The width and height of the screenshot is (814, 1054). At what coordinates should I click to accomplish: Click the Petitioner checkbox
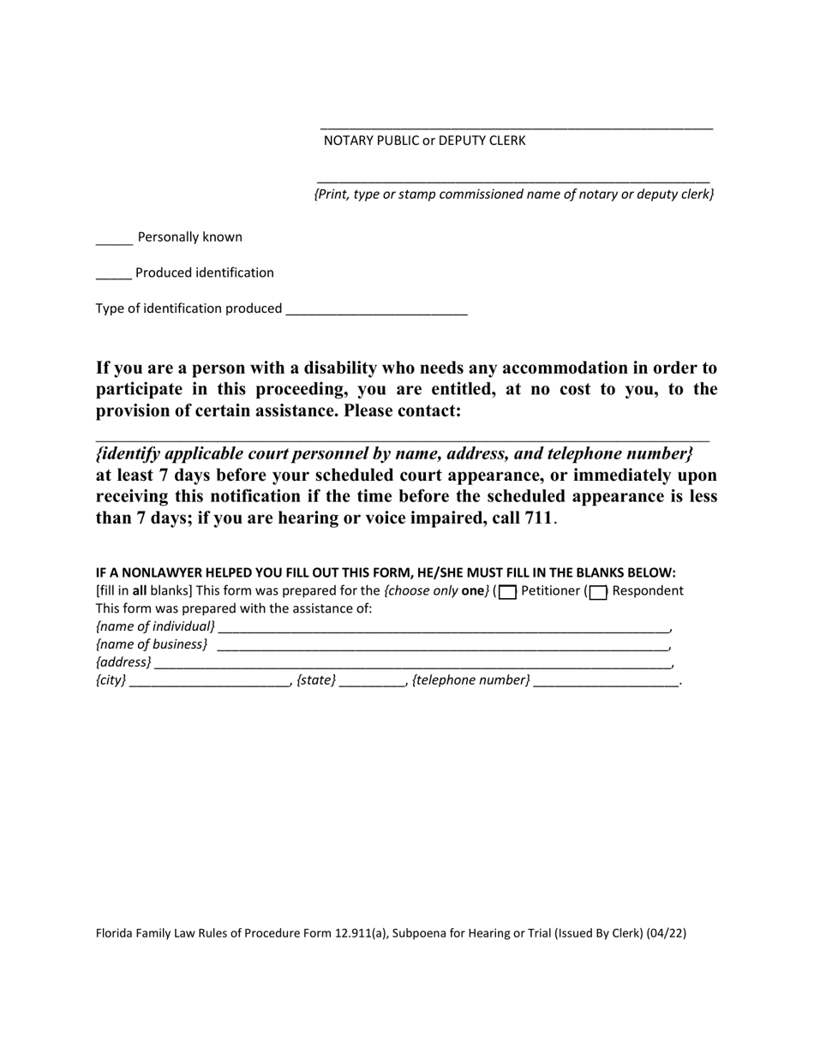508,592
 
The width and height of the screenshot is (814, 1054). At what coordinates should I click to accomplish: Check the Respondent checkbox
599,592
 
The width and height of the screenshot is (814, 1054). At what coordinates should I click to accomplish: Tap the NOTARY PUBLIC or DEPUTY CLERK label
424,141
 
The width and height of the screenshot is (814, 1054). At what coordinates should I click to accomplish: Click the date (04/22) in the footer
667,933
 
